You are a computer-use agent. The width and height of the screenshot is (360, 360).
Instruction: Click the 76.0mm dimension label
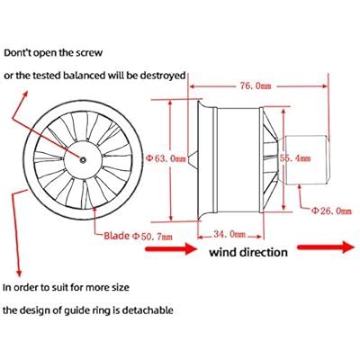pos(256,86)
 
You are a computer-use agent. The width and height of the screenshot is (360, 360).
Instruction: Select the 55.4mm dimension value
pos(295,158)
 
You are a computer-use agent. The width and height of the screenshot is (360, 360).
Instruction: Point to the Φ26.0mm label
pos(331,211)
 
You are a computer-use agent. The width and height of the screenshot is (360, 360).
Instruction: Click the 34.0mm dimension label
pos(229,234)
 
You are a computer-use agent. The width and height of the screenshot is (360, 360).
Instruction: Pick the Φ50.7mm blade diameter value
pos(152,237)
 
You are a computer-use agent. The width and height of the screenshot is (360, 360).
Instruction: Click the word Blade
pos(117,236)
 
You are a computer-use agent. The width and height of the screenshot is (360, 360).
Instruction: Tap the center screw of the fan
pos(83,160)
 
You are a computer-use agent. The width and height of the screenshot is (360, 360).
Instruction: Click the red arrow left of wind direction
pos(171,248)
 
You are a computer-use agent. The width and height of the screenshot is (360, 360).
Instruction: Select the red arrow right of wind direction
pos(326,247)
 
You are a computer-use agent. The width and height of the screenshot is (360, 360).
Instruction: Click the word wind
pos(223,252)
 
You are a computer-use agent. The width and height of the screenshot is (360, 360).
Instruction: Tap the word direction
pos(264,252)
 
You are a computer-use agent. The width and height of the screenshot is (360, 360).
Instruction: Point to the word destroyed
pos(163,76)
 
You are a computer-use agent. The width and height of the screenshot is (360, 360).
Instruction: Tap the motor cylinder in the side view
pos(306,159)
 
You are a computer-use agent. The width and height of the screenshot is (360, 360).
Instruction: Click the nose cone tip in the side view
pos(188,158)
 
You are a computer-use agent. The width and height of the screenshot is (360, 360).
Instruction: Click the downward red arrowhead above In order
pos(19,273)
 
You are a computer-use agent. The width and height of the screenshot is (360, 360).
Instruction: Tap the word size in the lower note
pos(120,287)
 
